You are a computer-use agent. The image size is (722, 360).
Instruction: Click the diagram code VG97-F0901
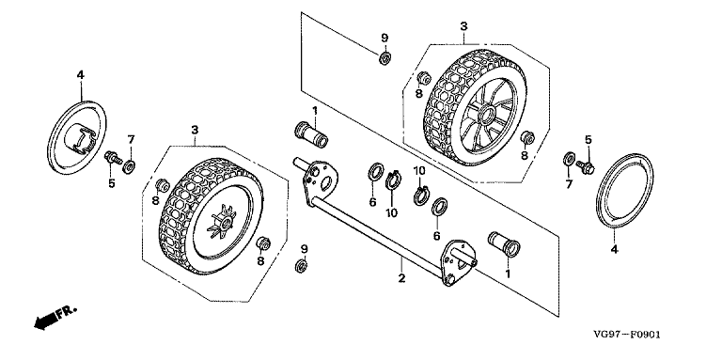(x=626, y=335)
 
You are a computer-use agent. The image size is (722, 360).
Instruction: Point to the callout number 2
(x=401, y=278)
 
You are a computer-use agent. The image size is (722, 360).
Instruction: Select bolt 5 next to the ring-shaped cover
(x=586, y=166)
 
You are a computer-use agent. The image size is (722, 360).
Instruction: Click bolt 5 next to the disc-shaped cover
(x=113, y=158)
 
